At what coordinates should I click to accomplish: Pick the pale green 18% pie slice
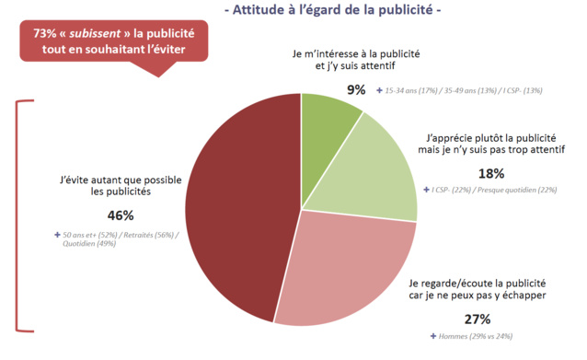373,175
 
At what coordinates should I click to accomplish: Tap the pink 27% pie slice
345,262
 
